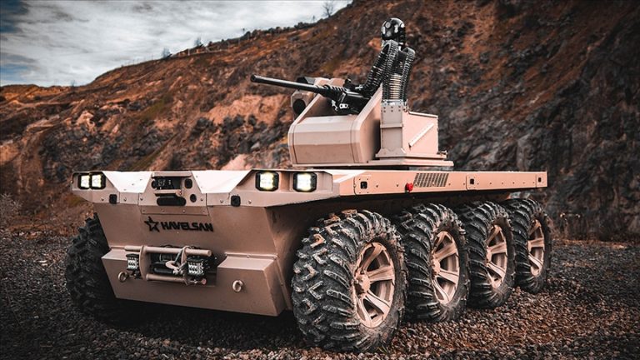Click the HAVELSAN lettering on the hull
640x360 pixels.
coord(187,226)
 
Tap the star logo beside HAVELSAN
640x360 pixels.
coord(152,224)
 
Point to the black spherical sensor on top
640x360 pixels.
coord(393,28)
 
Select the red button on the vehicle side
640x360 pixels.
coord(408,187)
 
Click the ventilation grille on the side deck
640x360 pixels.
coord(431,180)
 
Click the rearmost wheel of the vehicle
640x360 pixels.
coord(530,244)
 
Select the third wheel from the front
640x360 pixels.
coord(488,252)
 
